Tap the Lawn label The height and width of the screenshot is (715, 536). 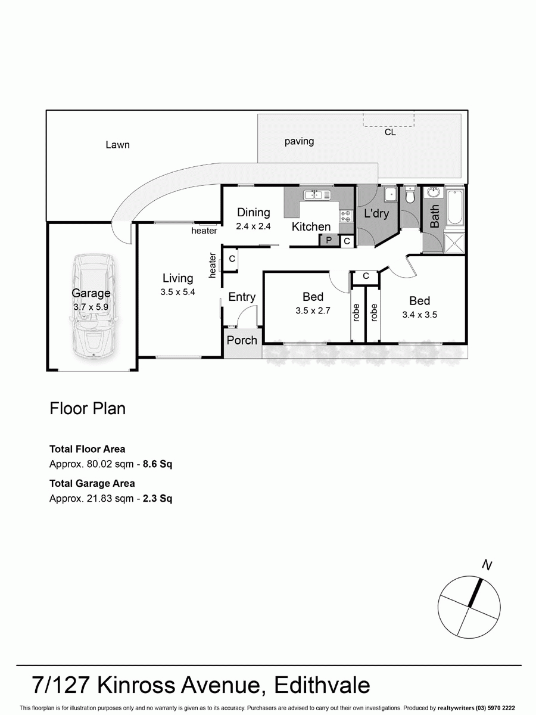pyautogui.click(x=117, y=145)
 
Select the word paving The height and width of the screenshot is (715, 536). pyautogui.click(x=299, y=142)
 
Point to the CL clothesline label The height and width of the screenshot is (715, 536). pyautogui.click(x=390, y=133)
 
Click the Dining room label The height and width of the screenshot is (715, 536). pyautogui.click(x=253, y=213)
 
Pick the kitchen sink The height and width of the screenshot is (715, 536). pyautogui.click(x=314, y=195)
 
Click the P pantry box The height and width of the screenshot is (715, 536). pyautogui.click(x=328, y=240)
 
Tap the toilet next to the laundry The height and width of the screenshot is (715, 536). pyautogui.click(x=410, y=197)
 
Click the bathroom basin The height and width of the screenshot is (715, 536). pyautogui.click(x=432, y=192)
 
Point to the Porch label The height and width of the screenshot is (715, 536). pyautogui.click(x=242, y=340)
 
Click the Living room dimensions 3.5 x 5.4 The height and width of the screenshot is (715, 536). pyautogui.click(x=177, y=292)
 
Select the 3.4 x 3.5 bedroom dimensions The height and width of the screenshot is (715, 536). pyautogui.click(x=419, y=315)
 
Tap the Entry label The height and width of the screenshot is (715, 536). pyautogui.click(x=242, y=297)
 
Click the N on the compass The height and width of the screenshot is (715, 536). pyautogui.click(x=488, y=565)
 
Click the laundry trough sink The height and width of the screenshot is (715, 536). pyautogui.click(x=391, y=195)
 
